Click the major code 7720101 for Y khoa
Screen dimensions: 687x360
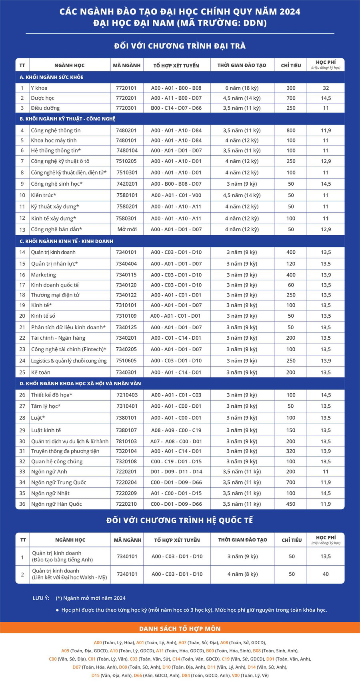click(x=126, y=88)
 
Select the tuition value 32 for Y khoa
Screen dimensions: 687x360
click(x=326, y=88)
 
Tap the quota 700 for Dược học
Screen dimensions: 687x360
click(x=291, y=98)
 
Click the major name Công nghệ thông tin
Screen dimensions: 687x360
click(x=56, y=130)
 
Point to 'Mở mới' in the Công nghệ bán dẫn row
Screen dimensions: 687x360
click(x=127, y=229)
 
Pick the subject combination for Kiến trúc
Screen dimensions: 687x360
click(x=176, y=195)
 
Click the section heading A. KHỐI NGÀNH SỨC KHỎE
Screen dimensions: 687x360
click(x=52, y=77)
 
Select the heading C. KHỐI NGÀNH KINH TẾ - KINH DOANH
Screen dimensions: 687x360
click(x=66, y=241)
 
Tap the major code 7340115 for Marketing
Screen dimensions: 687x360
click(x=126, y=275)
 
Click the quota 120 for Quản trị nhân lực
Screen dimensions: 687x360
click(x=291, y=264)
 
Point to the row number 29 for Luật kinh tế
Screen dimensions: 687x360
click(x=22, y=430)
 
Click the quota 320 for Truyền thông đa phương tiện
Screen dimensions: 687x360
click(x=291, y=451)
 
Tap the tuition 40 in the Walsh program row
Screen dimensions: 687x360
click(x=326, y=574)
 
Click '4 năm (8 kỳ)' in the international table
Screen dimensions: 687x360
click(x=242, y=574)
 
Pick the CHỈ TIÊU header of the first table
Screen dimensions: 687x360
click(x=291, y=65)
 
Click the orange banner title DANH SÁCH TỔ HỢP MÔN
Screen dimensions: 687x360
click(x=180, y=629)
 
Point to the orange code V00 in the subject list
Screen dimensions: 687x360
click(x=236, y=675)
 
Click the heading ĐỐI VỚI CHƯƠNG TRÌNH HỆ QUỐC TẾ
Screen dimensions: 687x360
click(x=180, y=521)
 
